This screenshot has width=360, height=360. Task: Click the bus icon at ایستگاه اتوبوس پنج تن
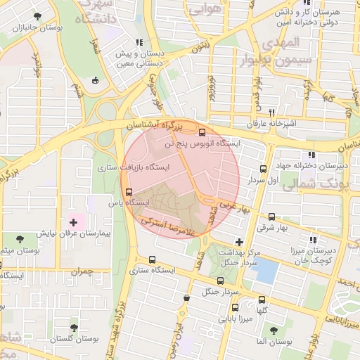click(202, 131)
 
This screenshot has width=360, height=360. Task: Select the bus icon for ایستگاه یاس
click(128, 191)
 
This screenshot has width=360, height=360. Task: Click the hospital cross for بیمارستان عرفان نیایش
click(73, 222)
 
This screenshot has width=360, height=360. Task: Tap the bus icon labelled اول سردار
click(263, 169)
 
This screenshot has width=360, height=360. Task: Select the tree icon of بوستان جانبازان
click(37, 15)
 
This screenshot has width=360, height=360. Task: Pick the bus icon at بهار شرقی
click(271, 217)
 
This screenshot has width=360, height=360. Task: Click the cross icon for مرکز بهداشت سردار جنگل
click(239, 242)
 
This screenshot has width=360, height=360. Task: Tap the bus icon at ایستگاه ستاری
click(153, 259)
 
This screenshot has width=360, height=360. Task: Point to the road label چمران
click(82, 270)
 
